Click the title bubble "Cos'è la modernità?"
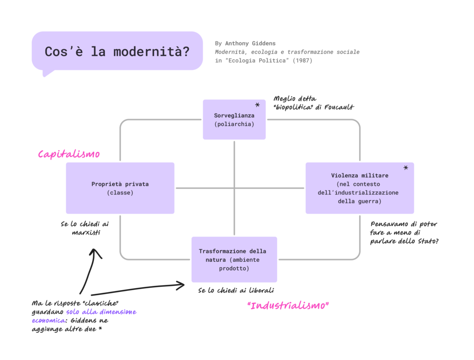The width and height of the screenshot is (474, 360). (x=117, y=51)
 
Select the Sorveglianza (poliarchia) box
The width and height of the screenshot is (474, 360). (x=234, y=120)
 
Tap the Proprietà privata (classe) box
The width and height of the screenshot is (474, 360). (x=120, y=188)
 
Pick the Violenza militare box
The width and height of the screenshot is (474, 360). (x=360, y=188)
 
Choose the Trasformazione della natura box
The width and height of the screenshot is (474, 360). (x=234, y=259)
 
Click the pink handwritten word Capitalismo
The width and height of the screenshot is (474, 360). (x=69, y=154)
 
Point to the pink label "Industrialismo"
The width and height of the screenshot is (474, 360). (x=288, y=306)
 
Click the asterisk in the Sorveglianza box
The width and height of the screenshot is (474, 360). (x=257, y=106)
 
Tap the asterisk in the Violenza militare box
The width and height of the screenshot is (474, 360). (x=406, y=168)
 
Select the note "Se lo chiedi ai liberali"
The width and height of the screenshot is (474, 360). (x=236, y=291)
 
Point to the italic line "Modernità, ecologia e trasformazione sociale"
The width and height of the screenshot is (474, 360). (x=287, y=52)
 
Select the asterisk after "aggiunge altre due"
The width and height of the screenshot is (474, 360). (x=100, y=329)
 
